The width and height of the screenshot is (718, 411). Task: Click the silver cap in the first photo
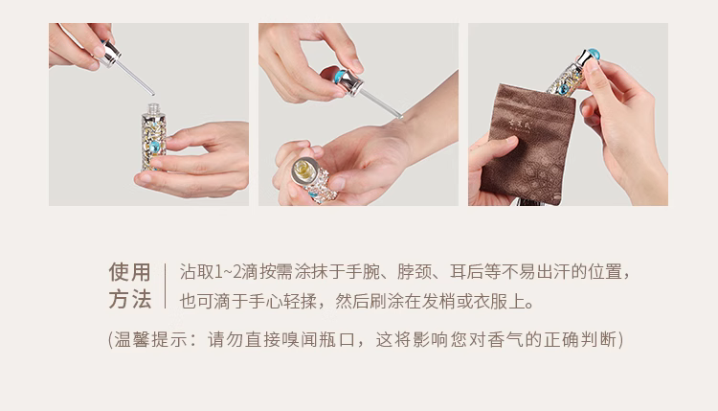110,53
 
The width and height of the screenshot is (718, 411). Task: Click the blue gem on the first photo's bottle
155,148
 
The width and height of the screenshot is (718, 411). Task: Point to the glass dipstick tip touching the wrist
400,116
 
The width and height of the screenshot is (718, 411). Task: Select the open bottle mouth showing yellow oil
303,170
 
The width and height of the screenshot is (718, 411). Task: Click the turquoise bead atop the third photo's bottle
593,53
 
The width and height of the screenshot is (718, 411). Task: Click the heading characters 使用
129,272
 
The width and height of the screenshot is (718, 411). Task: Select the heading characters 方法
129,300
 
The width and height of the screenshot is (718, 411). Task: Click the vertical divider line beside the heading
165,285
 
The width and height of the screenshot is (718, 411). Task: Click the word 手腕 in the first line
363,272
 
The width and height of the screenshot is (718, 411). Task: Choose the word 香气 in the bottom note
505,340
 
